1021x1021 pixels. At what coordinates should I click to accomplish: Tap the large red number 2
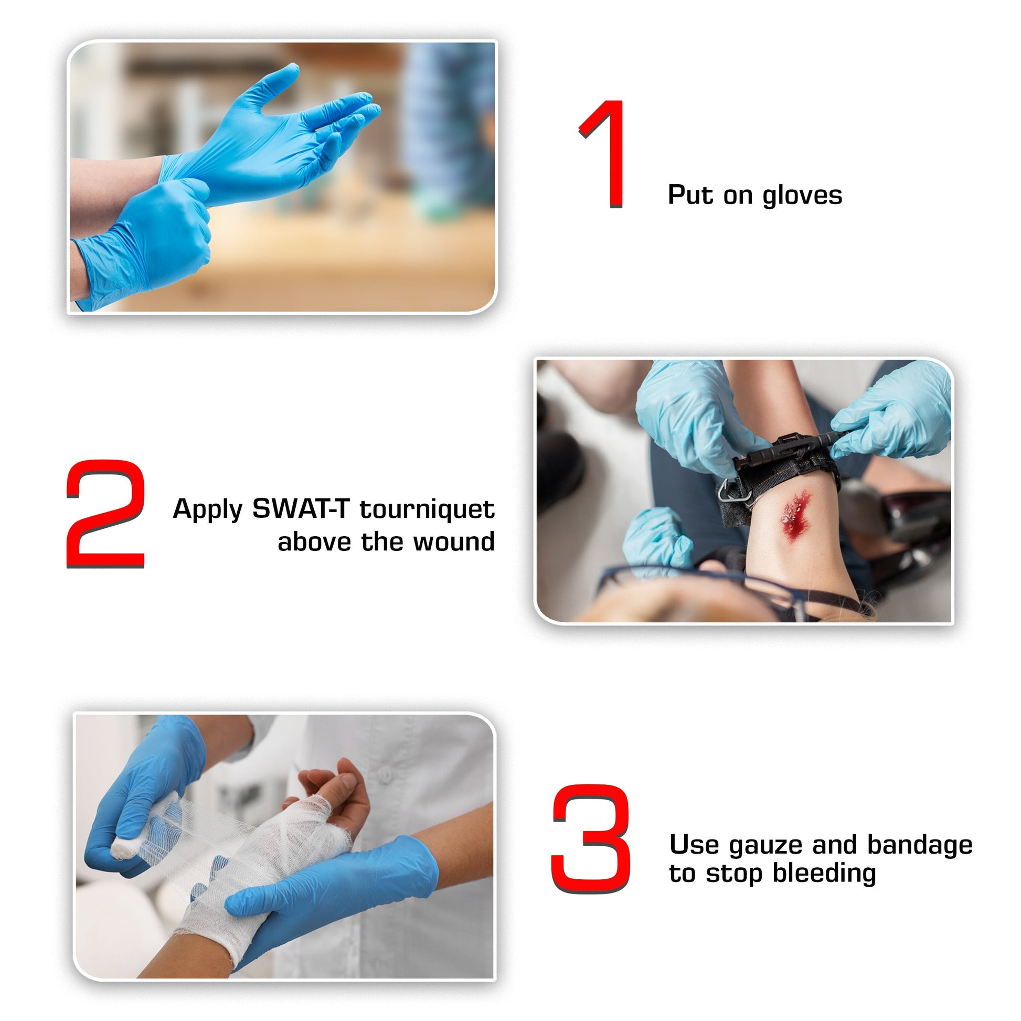click(105, 514)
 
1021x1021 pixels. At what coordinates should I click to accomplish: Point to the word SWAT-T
click(300, 509)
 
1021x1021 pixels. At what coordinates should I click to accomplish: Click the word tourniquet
click(427, 509)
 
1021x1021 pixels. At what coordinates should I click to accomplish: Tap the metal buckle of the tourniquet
click(735, 491)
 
